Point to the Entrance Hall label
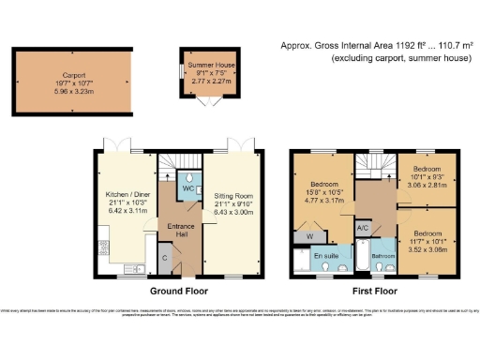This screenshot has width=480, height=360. click(180, 230)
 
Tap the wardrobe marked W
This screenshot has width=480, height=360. click(309, 236)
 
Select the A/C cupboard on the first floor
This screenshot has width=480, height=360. click(362, 228)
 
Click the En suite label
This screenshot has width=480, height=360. click(324, 256)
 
